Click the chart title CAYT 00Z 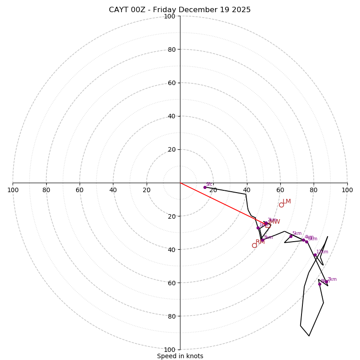point(180,10)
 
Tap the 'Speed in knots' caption point(180,356)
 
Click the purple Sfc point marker point(205,187)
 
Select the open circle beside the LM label point(281,205)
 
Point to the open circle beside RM point(254,245)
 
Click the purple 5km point point(291,236)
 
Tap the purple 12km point point(315,255)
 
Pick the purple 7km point point(326,282)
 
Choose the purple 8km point point(319,284)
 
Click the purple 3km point point(262,240)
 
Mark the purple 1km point point(258,228)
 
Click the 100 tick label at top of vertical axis point(170,16)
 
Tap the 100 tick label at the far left point(13,190)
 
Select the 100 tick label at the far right point(347,190)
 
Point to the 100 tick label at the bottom point(170,350)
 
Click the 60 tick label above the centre point(171,83)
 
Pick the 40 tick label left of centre point(113,190)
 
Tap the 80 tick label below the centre point(171,316)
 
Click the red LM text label point(287,201)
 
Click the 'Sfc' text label point(209,184)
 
